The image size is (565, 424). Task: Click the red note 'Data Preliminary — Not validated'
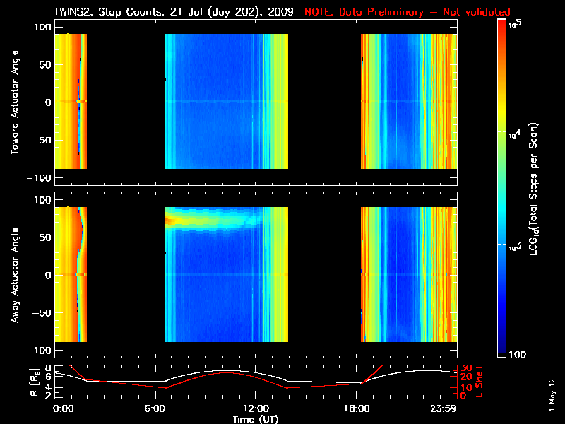[x=407, y=12]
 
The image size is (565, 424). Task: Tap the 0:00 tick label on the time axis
[x=64, y=408]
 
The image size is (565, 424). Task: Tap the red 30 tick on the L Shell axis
[x=465, y=368]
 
